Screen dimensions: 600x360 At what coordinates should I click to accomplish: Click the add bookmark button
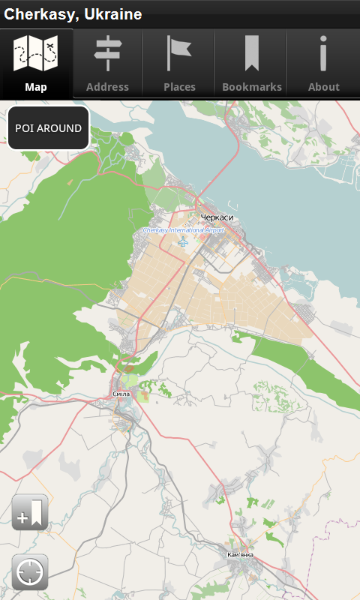tap(30, 513)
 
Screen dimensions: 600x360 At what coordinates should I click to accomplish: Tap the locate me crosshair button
tap(30, 572)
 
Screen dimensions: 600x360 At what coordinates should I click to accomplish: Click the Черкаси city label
tap(217, 217)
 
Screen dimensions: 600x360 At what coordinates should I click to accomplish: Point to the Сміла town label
tap(121, 394)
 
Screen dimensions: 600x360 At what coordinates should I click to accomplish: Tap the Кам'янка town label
tap(240, 555)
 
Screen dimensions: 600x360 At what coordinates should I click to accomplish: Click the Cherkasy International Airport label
tap(183, 230)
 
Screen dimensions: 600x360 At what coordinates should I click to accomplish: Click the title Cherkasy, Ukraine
tap(73, 14)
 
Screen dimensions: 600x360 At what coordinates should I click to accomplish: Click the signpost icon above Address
tap(107, 52)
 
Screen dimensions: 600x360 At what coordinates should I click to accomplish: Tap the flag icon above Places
tap(178, 52)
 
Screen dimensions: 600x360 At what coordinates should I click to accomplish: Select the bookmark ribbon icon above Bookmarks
tap(251, 52)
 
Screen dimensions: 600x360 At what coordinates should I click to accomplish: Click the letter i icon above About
tap(323, 52)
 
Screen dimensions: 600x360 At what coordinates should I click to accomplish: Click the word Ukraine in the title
tap(112, 14)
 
